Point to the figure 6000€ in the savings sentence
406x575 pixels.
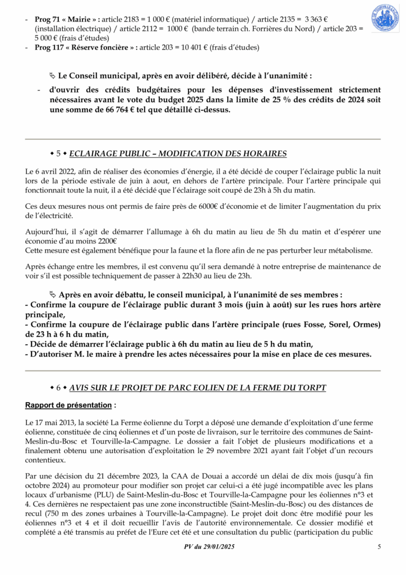(x=215, y=207)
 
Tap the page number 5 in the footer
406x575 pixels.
(x=379, y=547)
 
